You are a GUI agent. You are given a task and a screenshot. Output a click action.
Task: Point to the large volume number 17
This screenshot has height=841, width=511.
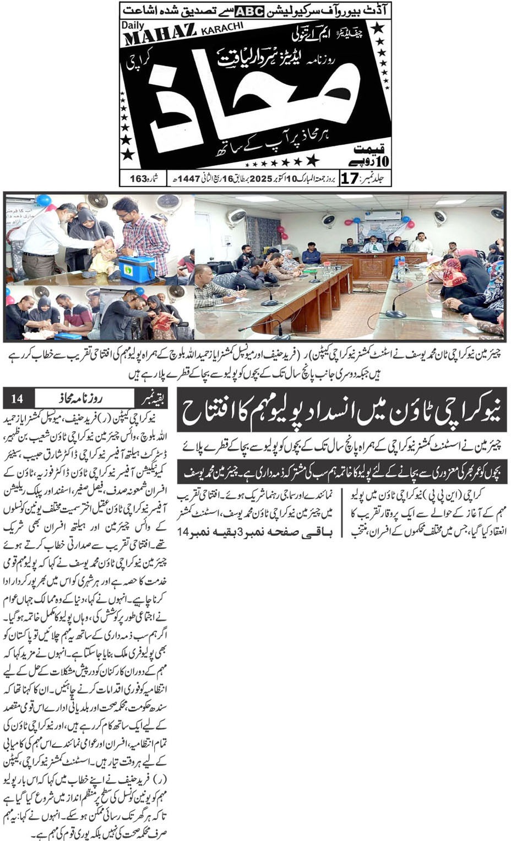(351, 178)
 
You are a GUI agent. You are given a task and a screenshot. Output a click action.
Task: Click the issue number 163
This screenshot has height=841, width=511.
(139, 178)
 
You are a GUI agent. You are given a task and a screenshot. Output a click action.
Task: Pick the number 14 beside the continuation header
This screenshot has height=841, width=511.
(18, 398)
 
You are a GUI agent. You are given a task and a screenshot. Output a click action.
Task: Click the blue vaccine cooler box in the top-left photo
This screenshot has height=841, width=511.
(137, 268)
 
